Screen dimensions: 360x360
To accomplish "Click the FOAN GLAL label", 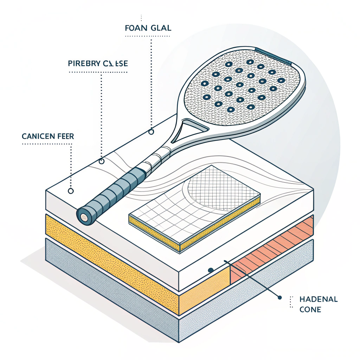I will tap(148, 28).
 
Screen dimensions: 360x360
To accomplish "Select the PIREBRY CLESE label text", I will tap(97, 64).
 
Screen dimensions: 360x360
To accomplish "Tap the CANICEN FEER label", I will tap(48, 136).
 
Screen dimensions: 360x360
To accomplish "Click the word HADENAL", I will tap(319, 300).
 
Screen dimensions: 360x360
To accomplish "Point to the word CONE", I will tap(310, 310).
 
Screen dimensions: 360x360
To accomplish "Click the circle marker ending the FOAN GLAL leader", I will tap(152, 132).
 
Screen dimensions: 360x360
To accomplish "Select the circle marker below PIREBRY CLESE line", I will tap(102, 161).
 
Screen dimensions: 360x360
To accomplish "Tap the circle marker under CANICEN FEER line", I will tap(70, 191).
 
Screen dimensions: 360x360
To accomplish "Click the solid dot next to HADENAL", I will tap(280, 297).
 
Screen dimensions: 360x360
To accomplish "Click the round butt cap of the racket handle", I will tap(84, 217).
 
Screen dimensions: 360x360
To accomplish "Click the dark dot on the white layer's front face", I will tap(211, 270).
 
